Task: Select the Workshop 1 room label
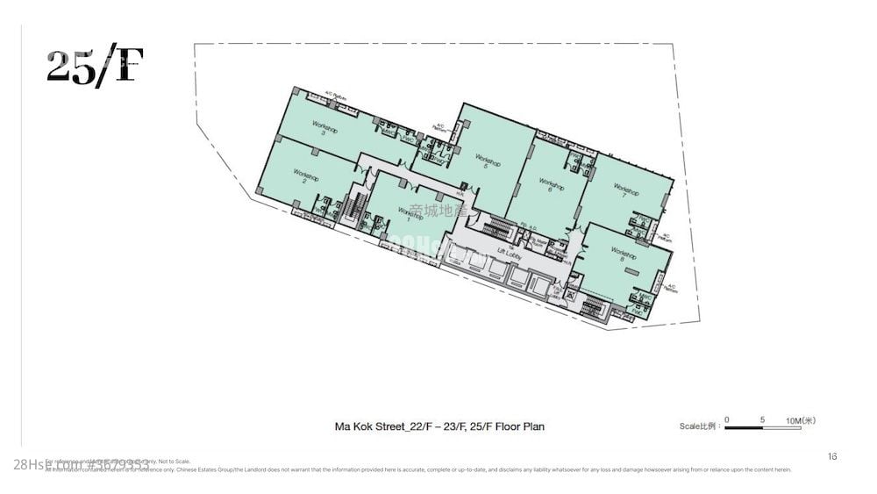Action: [x=410, y=213]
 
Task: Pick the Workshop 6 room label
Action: [x=550, y=185]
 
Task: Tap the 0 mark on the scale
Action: [x=727, y=420]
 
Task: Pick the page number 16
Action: [x=832, y=455]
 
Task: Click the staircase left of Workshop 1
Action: [x=354, y=208]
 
